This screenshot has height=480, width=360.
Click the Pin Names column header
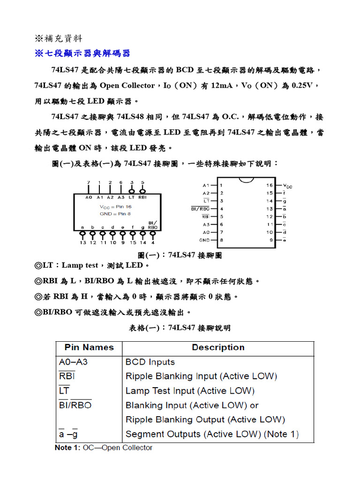coord(89,347)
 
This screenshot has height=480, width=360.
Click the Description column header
coord(218,347)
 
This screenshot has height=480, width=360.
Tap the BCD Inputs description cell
coord(150,362)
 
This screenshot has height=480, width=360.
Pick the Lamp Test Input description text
coord(190,391)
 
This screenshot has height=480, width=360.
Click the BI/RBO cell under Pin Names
coord(75,405)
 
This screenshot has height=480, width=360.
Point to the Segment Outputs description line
coord(212,434)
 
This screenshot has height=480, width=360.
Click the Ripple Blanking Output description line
coord(205,420)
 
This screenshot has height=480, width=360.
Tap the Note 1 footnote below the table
coord(104,448)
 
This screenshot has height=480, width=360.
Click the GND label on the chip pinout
coord(204,240)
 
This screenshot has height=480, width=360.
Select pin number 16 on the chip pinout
coord(270,185)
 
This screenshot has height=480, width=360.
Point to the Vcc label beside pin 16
coord(288,186)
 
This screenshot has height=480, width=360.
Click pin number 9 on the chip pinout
coord(270,240)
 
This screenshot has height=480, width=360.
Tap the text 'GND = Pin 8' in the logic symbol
coord(116,213)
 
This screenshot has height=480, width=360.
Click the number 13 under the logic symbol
coord(83,242)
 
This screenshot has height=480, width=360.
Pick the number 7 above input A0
coord(89,182)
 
